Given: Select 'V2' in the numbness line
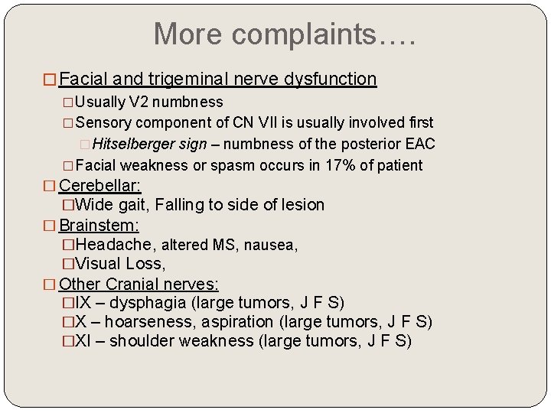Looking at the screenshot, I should (x=137, y=102).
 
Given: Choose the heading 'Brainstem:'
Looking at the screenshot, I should (x=96, y=226).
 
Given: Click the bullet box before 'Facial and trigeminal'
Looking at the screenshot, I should (x=51, y=80).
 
